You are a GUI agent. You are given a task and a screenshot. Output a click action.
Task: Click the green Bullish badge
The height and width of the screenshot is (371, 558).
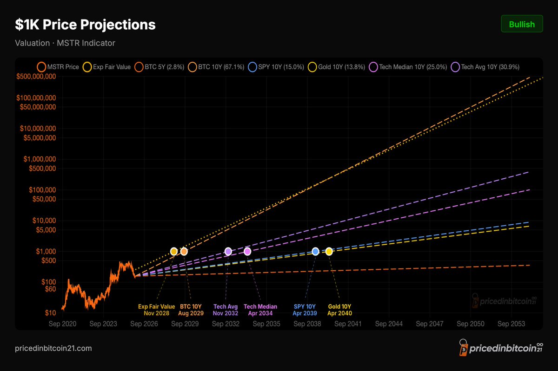pos(522,24)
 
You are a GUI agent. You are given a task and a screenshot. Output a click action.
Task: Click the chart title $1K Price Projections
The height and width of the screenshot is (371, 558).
pos(85,25)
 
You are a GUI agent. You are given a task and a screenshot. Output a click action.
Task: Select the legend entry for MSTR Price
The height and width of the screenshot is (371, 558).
pos(58,67)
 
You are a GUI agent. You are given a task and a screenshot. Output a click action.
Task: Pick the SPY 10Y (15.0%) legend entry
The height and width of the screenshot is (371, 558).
pos(276,67)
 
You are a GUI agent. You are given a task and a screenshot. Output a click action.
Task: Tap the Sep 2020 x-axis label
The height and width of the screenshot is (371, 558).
pos(62,324)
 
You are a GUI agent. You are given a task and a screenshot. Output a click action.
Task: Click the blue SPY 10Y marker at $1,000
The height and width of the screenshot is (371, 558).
pos(315,251)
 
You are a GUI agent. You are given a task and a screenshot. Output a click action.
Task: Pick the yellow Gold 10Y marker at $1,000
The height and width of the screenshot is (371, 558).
pos(329,251)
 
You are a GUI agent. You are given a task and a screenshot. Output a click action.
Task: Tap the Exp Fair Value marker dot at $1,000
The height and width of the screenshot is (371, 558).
pos(174,251)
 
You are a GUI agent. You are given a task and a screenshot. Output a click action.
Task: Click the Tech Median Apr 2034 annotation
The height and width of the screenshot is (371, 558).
pos(260,310)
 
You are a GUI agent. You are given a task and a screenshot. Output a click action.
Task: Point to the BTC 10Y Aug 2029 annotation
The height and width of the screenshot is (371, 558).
pos(191,310)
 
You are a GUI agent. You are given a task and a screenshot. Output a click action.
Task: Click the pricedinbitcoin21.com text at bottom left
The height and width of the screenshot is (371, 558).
pos(53,348)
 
